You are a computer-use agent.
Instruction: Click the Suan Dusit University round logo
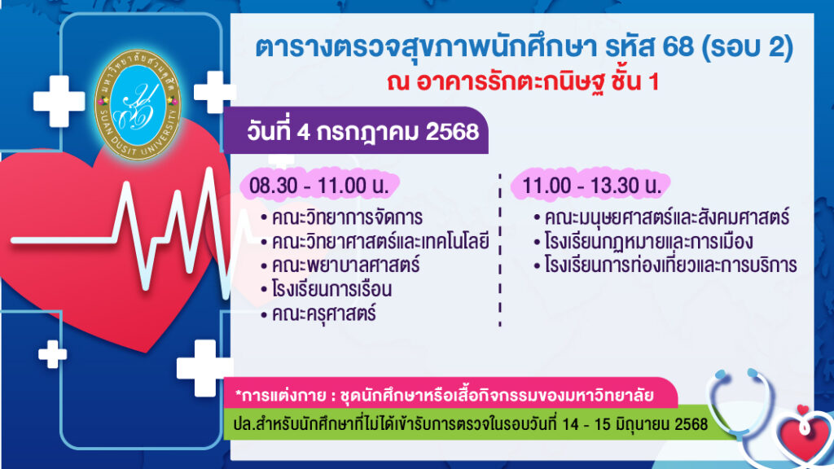click(138, 104)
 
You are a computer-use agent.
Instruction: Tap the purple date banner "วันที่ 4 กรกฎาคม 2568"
click(355, 131)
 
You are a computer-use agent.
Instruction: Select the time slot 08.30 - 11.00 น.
click(318, 186)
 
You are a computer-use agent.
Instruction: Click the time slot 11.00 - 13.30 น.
click(591, 186)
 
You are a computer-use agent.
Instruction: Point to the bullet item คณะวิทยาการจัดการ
click(342, 217)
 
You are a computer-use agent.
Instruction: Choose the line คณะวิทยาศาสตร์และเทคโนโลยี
click(375, 241)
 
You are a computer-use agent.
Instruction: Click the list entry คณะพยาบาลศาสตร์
click(340, 265)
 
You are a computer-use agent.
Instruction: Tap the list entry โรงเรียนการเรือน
click(327, 289)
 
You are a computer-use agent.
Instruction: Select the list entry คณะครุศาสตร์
click(318, 313)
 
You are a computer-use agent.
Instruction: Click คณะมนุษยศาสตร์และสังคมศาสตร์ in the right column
click(661, 217)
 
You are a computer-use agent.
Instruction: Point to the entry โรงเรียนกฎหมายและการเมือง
click(643, 241)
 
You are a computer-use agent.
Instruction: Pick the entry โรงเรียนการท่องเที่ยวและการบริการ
click(665, 265)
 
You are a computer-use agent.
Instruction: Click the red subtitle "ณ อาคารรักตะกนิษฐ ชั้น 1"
click(523, 82)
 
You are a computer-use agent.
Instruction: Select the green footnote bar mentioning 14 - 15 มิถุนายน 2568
click(471, 424)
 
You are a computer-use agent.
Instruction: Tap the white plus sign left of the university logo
click(59, 101)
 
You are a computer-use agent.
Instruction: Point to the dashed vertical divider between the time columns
click(500, 250)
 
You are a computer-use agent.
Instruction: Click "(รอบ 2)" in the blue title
click(748, 47)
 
